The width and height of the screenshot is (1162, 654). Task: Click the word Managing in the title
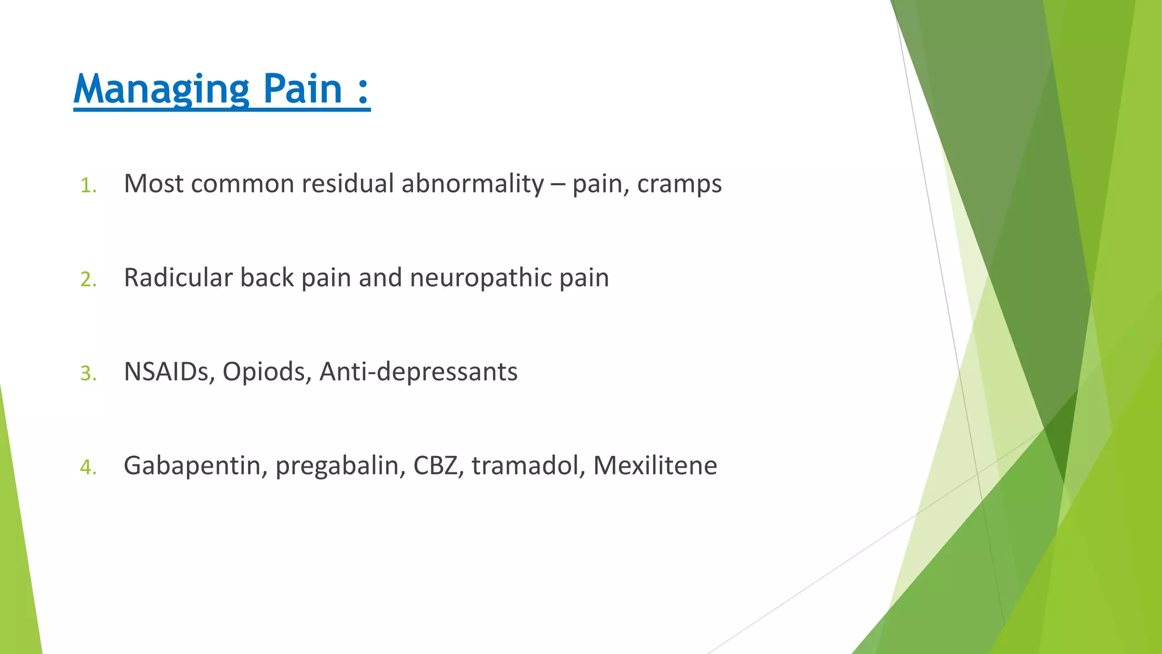[x=161, y=89]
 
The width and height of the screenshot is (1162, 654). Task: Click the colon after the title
[x=364, y=91]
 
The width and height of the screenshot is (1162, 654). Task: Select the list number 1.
[x=88, y=186]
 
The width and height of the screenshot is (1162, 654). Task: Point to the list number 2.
[x=88, y=279]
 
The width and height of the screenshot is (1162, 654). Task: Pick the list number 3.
[x=88, y=374]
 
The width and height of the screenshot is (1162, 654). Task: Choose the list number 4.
[x=88, y=467]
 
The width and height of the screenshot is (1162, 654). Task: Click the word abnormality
[x=473, y=184]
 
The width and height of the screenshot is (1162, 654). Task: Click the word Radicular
[x=178, y=278]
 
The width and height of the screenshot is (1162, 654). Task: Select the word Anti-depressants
[x=418, y=372]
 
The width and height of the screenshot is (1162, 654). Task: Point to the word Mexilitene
[x=655, y=466]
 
